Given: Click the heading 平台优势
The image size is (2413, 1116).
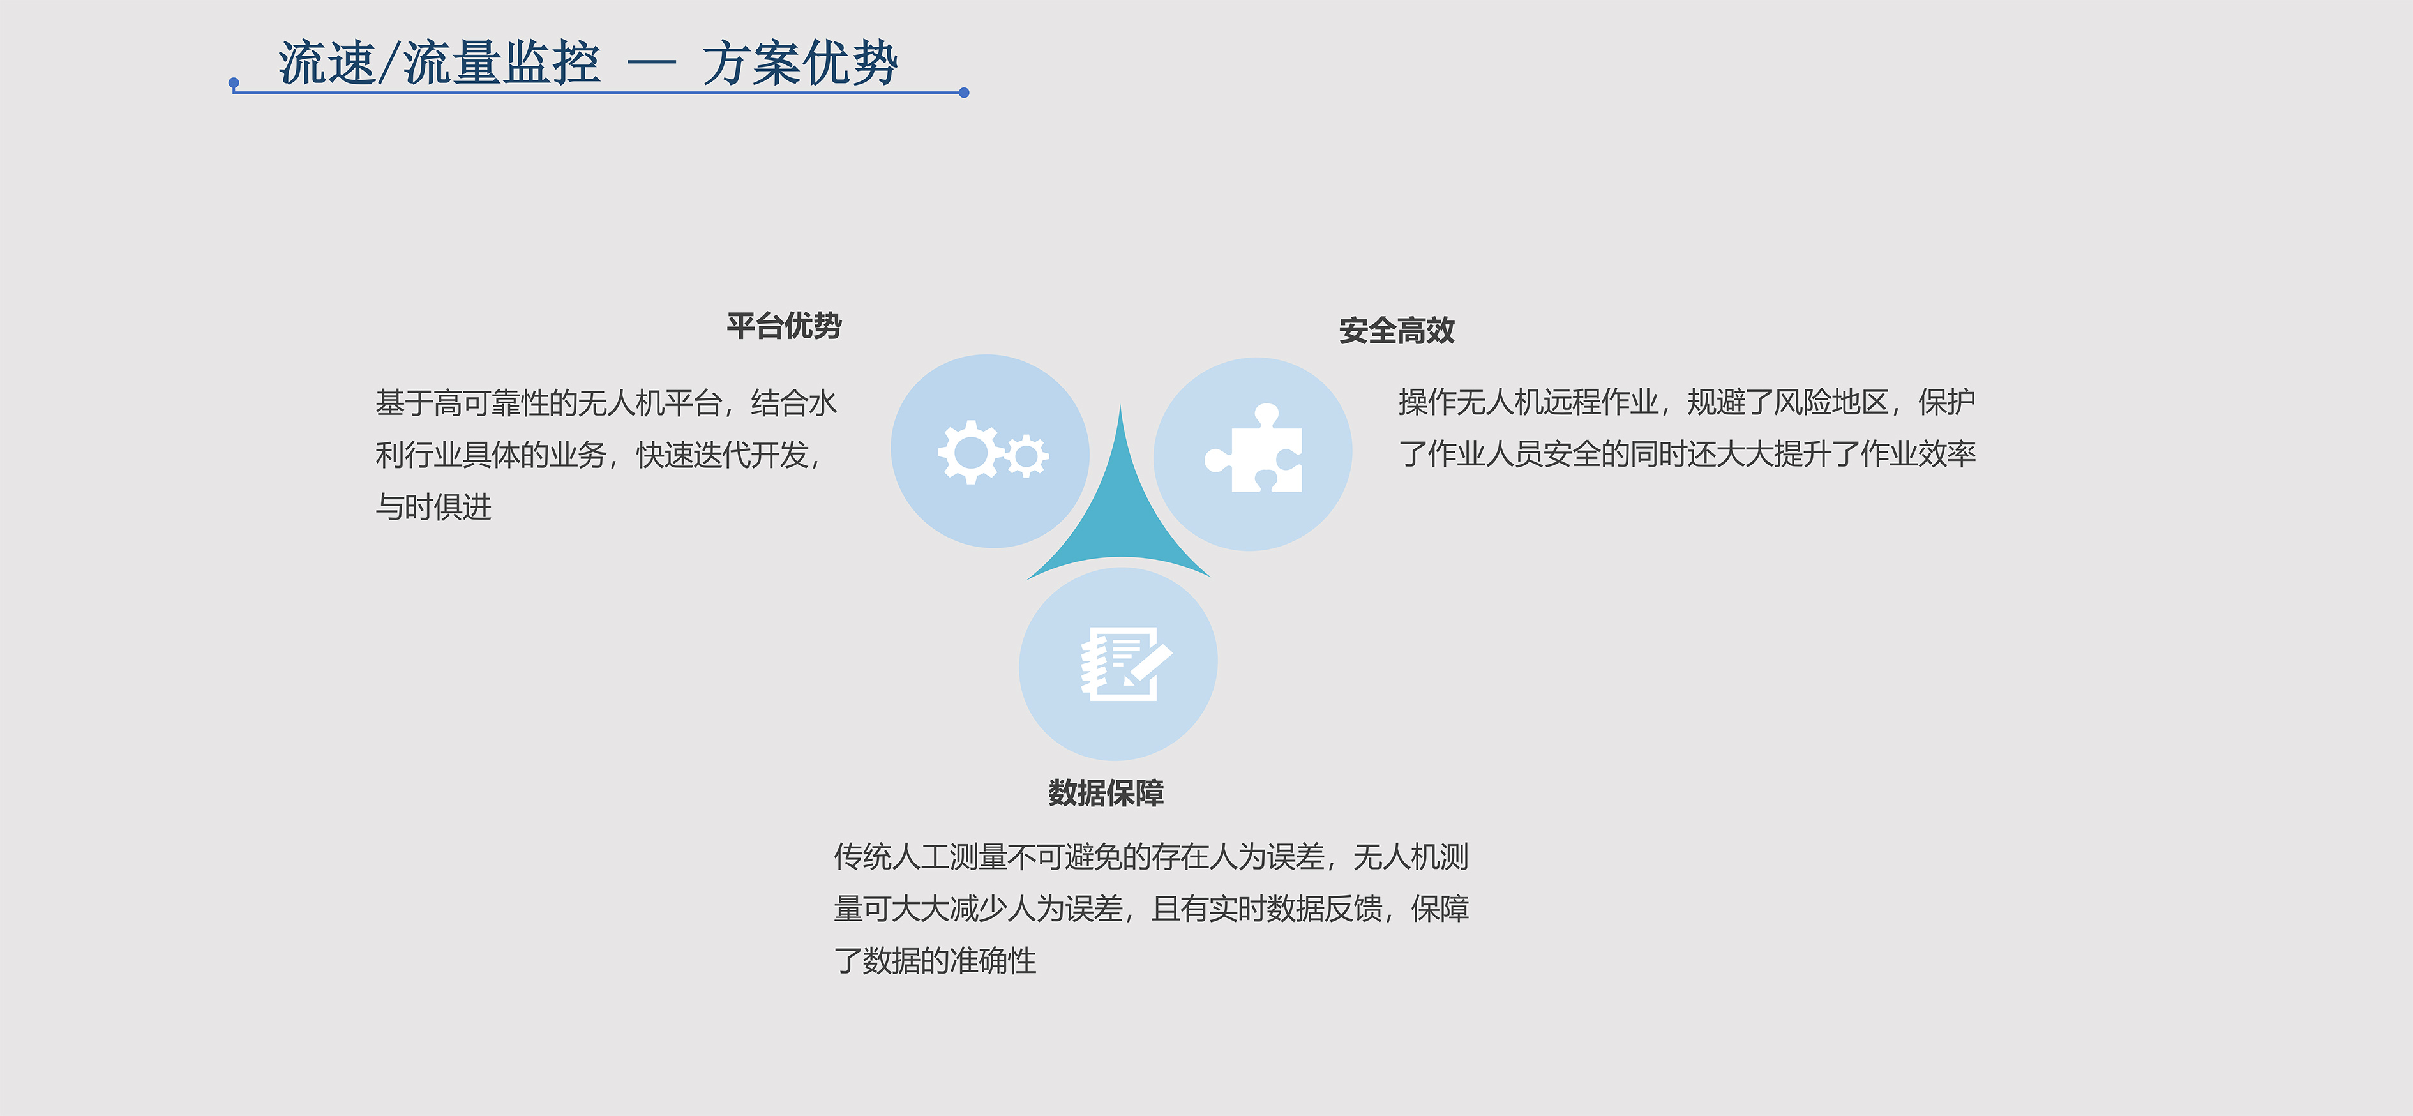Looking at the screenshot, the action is click(x=784, y=326).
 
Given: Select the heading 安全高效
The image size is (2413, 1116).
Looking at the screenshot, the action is click(x=1397, y=331).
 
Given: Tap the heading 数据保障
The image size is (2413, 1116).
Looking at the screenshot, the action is click(x=1106, y=793).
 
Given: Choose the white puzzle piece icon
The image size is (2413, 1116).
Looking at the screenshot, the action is click(x=1253, y=449).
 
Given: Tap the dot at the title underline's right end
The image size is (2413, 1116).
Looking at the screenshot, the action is click(x=964, y=93).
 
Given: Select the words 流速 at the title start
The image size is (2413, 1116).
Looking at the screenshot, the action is click(x=327, y=64).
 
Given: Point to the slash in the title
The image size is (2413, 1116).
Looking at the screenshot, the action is click(x=389, y=64).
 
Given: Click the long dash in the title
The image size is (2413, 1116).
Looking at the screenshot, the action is click(x=651, y=64).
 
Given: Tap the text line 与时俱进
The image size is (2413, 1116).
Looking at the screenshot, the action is click(x=433, y=507).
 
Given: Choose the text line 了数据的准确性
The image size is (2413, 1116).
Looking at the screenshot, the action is click(x=935, y=960).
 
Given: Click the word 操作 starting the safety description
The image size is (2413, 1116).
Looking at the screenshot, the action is click(x=1427, y=402).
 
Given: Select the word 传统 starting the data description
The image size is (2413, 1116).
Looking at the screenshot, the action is click(x=862, y=856).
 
